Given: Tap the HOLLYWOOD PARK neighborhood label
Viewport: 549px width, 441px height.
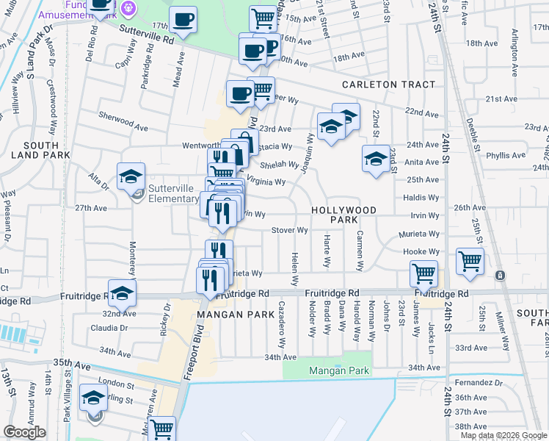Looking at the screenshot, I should (x=344, y=215).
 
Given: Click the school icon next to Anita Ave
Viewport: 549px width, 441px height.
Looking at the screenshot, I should (x=376, y=159).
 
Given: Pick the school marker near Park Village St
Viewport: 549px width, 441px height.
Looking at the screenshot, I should (x=93, y=399).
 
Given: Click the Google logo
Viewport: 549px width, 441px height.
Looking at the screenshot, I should (x=25, y=432).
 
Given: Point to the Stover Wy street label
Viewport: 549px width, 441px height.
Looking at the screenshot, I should (x=290, y=230).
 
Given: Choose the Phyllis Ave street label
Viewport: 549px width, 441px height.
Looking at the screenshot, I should (x=510, y=155).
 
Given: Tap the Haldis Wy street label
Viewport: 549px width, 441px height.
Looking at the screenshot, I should (x=423, y=198).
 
